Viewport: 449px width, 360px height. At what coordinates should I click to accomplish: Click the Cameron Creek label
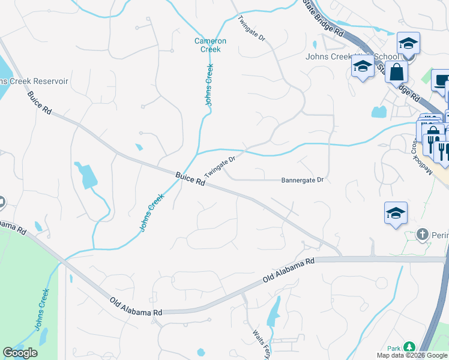(210, 45)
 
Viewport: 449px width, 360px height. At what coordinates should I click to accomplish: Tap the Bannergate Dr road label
(303, 180)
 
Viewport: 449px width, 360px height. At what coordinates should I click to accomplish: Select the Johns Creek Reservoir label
(34, 81)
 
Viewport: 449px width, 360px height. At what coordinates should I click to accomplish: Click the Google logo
(20, 353)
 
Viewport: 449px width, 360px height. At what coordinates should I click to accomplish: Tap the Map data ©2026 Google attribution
(412, 355)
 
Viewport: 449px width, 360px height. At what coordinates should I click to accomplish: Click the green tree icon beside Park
(409, 347)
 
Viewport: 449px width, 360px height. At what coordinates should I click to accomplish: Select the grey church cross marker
(423, 234)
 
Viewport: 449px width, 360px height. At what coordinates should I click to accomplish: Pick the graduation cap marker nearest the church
(396, 213)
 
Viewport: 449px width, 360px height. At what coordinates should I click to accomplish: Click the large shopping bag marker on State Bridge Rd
(397, 73)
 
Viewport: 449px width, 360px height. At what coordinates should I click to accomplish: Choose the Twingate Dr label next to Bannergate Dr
(218, 164)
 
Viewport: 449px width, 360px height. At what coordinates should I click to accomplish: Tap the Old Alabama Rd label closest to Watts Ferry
(289, 271)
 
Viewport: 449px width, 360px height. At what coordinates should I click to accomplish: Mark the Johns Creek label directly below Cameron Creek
(209, 85)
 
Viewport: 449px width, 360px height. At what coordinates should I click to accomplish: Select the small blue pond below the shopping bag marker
(379, 112)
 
